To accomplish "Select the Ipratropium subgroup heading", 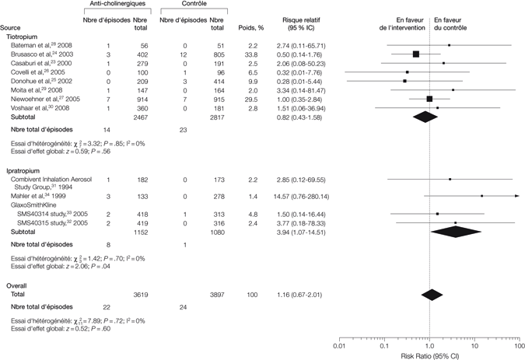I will coord(24,169).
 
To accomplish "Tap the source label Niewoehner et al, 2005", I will coord(46,99).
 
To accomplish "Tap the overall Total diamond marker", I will coord(432,295).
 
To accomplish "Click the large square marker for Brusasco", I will coord(416,54).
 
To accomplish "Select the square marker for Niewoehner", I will coord(429,99).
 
